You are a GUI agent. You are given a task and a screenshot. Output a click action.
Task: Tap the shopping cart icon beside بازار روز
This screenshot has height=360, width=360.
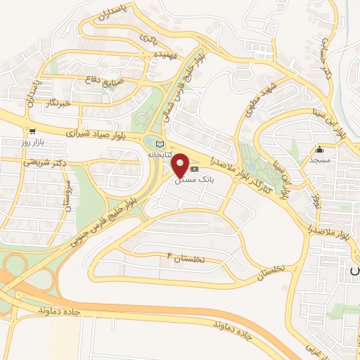point(32,131)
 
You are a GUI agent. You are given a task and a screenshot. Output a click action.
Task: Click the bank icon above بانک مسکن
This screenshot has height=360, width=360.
point(195,169)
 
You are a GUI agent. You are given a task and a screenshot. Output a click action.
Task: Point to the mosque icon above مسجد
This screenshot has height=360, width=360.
point(319,149)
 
